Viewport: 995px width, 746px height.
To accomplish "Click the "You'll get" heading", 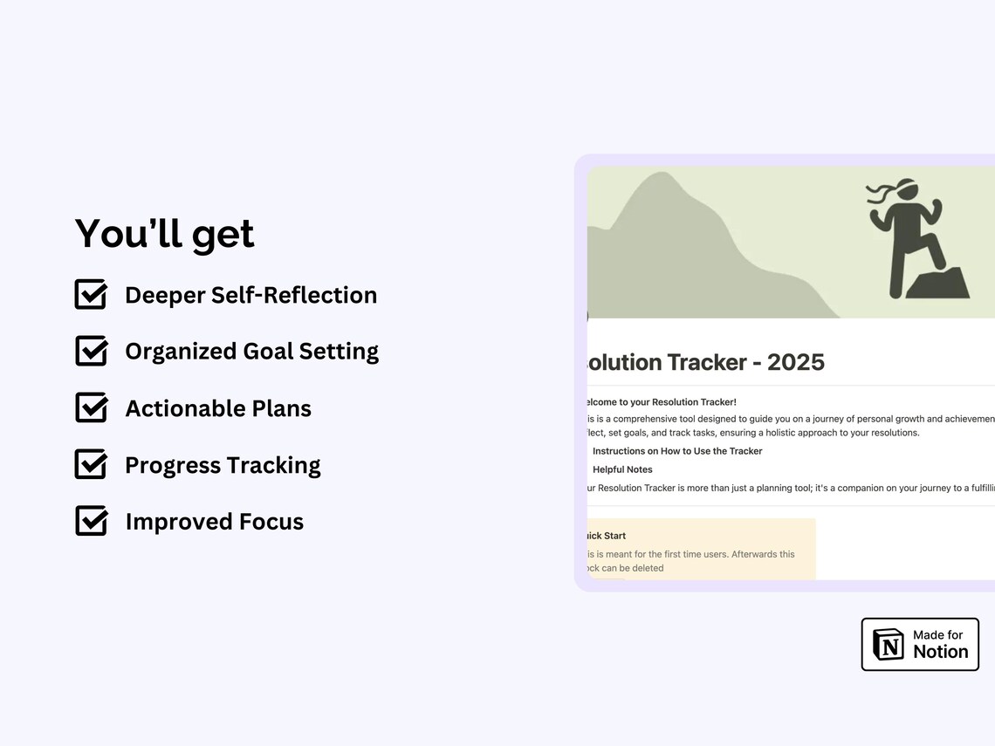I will click(164, 234).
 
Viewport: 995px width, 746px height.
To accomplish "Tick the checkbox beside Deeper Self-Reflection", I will click(91, 295).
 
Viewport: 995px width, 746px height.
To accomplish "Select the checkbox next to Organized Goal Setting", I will click(91, 351).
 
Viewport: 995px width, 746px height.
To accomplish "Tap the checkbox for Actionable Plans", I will click(91, 407).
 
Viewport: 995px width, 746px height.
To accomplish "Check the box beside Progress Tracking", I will click(91, 464).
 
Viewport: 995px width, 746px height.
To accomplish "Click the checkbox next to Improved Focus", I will click(91, 521).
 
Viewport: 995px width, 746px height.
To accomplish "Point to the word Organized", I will click(180, 352).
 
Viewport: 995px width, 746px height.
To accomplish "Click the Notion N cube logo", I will click(889, 645).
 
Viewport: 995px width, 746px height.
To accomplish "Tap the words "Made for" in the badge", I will click(937, 635).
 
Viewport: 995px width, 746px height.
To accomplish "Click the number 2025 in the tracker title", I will click(795, 362).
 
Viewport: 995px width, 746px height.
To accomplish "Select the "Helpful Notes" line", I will click(622, 469).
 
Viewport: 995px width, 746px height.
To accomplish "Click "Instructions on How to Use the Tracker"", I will click(677, 451).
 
